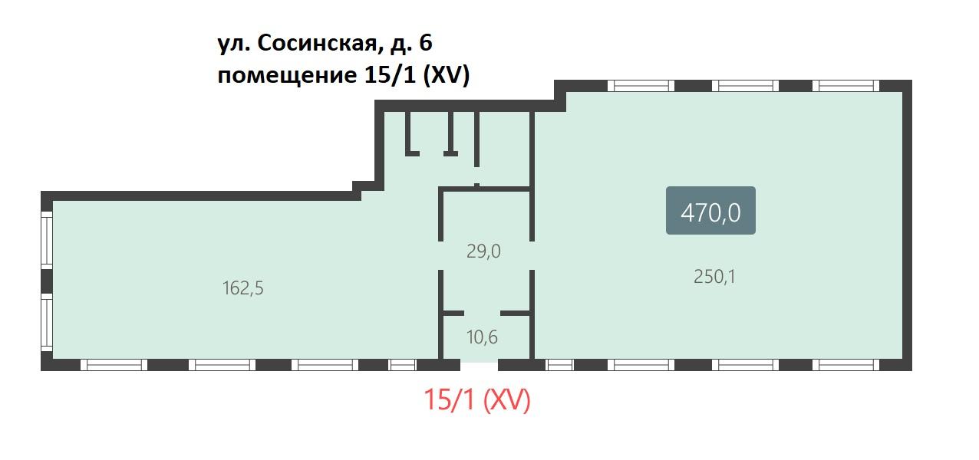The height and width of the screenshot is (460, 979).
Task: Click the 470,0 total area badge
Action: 710,211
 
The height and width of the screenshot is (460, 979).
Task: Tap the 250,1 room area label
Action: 714,277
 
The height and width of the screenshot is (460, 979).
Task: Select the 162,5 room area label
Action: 243,288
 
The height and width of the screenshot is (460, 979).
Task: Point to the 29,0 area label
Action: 483,251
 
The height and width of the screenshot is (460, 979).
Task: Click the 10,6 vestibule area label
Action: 482,337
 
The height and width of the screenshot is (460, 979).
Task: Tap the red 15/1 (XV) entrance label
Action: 476,399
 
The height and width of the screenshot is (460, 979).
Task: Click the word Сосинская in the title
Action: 317,43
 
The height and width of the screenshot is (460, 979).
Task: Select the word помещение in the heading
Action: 287,76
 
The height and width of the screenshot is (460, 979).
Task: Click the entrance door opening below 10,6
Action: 479,365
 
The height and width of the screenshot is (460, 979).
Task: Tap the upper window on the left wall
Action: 47,238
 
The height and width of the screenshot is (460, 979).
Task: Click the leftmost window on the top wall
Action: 641,86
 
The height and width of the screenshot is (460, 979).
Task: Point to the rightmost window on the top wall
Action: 845,86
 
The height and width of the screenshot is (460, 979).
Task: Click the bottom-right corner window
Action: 845,365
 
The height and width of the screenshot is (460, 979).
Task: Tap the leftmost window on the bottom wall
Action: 114,365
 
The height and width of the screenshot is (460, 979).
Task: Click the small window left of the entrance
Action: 403,365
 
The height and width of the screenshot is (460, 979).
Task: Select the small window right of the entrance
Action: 559,365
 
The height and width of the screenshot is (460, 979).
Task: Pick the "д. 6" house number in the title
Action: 410,44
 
